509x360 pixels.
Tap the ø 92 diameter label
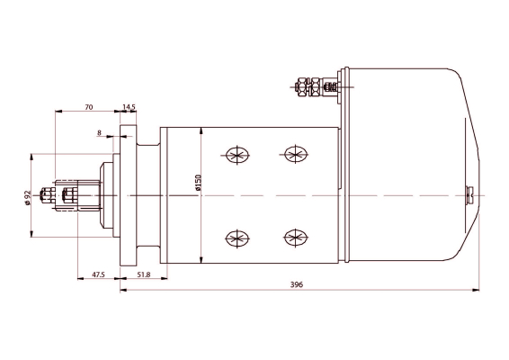29,196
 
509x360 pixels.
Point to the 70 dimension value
88,106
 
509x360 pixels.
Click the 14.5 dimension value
129,106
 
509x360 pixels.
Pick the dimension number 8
99,132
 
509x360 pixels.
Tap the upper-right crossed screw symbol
293,154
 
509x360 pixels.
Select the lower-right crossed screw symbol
293,237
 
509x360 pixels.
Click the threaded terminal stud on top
317,87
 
